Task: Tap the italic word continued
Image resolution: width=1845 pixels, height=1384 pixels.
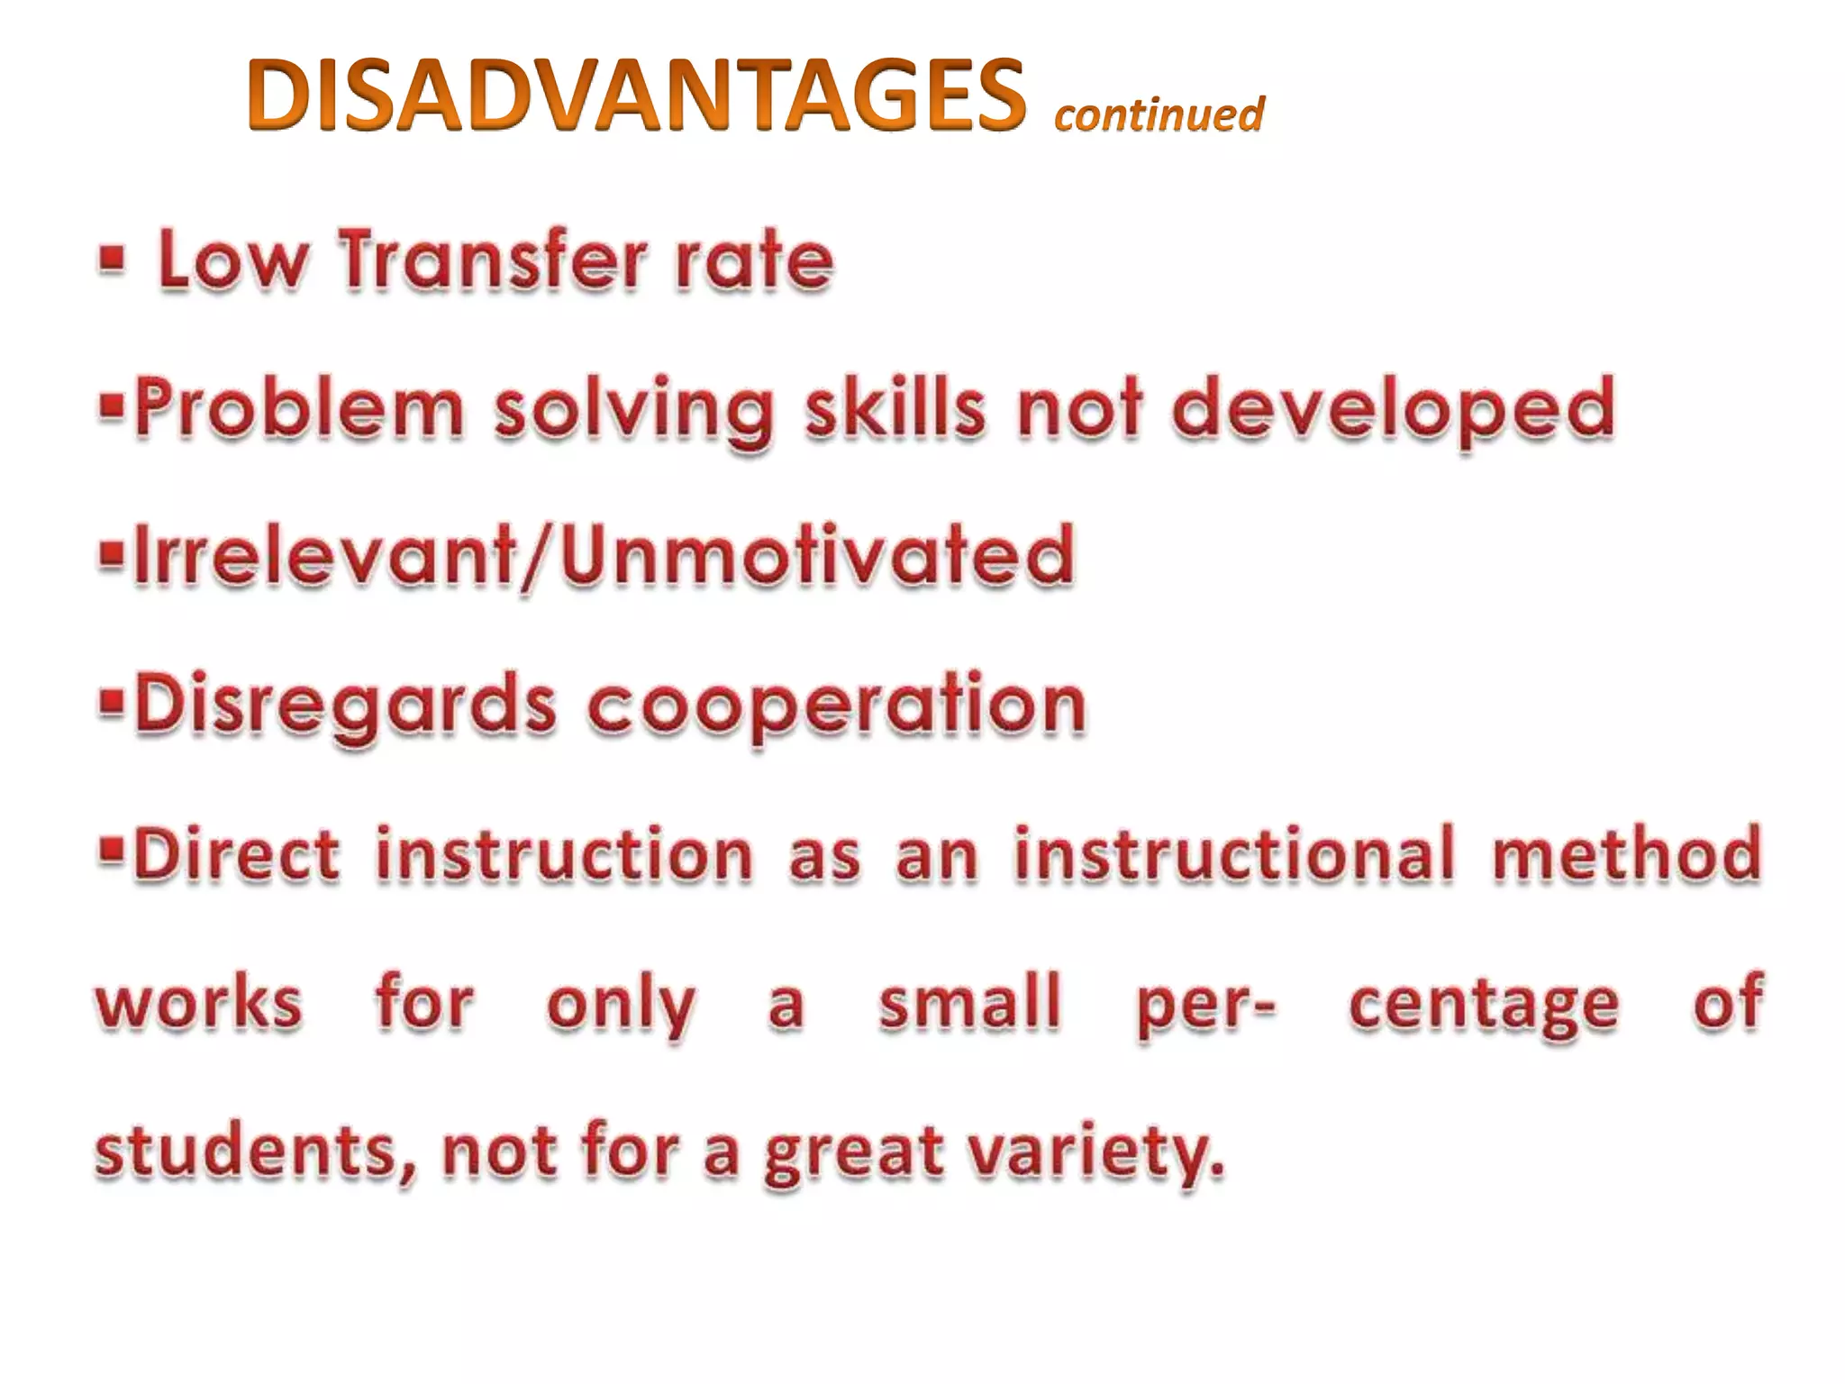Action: pyautogui.click(x=1159, y=114)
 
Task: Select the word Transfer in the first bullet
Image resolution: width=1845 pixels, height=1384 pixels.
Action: pyautogui.click(x=493, y=260)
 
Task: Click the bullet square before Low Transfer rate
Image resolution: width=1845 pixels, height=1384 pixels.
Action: pyautogui.click(x=112, y=259)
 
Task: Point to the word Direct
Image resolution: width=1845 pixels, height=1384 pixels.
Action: pyautogui.click(x=237, y=853)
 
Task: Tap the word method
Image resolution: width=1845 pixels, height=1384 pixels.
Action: pyautogui.click(x=1626, y=853)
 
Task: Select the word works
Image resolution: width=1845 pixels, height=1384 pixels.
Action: pyautogui.click(x=199, y=1003)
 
